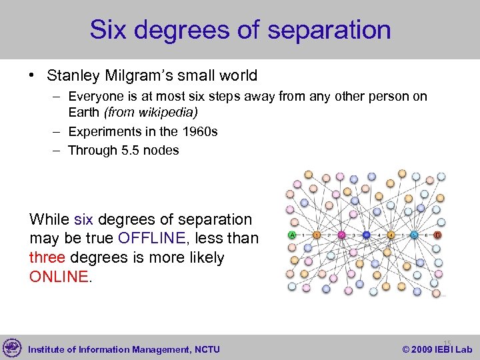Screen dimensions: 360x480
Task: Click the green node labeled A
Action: (291, 235)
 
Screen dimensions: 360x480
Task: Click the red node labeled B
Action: (438, 235)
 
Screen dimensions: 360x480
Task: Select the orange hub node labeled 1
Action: (317, 235)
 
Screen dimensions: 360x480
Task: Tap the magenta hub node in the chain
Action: (341, 235)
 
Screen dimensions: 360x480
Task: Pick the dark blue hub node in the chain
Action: (366, 235)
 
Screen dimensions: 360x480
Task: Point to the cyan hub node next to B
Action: (414, 235)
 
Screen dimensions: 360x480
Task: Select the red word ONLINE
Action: (59, 276)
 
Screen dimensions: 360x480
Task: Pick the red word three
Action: (47, 257)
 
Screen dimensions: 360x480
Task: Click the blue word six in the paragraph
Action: (84, 219)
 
